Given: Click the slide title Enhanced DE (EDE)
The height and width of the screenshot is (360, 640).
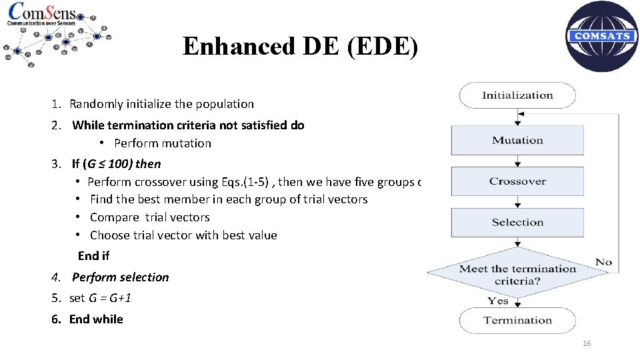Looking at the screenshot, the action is (301, 47).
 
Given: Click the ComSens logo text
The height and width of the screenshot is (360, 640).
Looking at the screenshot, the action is (41, 13).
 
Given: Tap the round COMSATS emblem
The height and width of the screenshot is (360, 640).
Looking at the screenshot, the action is (601, 36).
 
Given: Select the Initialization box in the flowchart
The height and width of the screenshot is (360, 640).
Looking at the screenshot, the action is (517, 95).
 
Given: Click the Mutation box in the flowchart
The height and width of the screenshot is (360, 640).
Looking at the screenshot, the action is (517, 141).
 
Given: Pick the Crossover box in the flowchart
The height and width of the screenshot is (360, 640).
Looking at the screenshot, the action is (517, 181).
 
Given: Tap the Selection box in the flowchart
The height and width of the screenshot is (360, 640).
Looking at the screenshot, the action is (517, 223).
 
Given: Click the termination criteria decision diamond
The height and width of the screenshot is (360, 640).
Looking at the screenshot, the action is (517, 274).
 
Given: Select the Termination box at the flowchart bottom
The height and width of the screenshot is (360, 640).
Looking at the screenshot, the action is (517, 321).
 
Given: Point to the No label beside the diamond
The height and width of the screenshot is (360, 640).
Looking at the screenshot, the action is (604, 262).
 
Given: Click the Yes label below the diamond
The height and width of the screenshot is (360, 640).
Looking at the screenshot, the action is (497, 301).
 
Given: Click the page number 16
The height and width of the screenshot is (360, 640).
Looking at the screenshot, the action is (587, 343).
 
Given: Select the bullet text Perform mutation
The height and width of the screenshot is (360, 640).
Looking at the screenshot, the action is (163, 143).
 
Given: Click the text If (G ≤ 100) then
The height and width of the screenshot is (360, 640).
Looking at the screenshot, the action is (116, 164).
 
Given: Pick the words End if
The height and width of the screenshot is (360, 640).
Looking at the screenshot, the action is (93, 256).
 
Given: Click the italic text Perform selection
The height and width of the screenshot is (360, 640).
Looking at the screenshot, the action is (120, 277).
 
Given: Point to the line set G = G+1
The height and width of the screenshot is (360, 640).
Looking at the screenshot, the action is (100, 298).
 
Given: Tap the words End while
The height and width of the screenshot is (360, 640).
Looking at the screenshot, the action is (96, 319).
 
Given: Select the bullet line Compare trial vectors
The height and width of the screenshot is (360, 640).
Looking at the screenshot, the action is (149, 217).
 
